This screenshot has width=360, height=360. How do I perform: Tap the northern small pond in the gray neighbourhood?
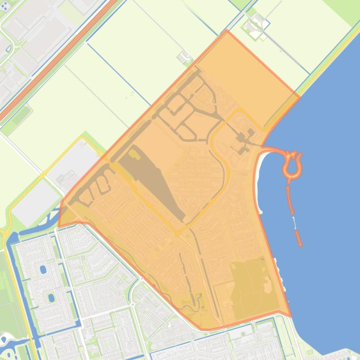tap(43, 270)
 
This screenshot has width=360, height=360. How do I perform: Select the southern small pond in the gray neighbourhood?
tap(51, 297)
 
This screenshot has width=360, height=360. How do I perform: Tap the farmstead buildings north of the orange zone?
tap(185, 58)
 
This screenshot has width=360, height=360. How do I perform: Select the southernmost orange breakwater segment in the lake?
tap(298, 238)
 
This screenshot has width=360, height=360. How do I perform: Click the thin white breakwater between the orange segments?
tap(294, 223)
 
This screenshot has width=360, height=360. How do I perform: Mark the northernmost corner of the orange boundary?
tap(227, 30)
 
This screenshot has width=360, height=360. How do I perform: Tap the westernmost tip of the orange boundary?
tap(59, 227)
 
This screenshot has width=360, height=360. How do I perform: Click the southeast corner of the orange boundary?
tap(291, 317)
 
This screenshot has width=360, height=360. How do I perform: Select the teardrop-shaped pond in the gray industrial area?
tap(8, 48)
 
